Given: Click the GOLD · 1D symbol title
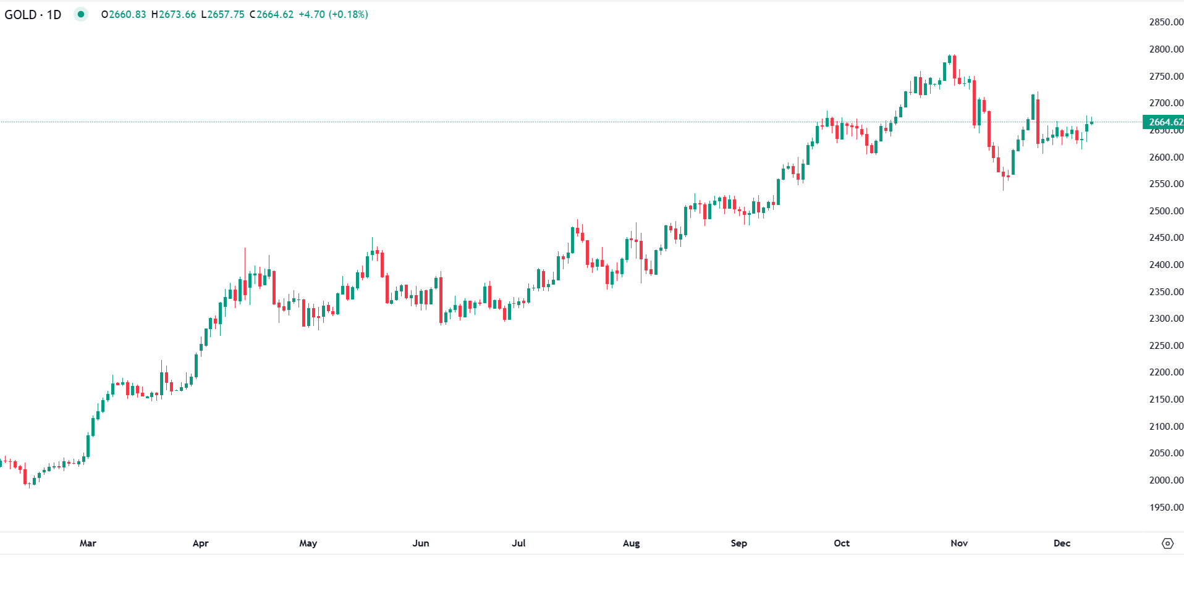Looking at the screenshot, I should click(x=33, y=14).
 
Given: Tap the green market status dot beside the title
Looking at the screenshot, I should click(x=81, y=14).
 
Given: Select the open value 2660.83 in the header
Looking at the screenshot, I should click(x=127, y=14).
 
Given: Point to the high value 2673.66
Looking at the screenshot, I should click(x=177, y=14).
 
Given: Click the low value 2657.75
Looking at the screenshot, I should click(x=226, y=14).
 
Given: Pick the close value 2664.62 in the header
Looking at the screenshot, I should click(x=274, y=14).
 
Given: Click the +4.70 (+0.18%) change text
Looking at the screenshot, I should click(x=333, y=14).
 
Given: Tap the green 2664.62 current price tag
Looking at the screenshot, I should click(x=1164, y=122).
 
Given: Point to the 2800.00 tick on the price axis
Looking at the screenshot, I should click(x=1166, y=49).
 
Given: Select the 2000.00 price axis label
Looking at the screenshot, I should click(x=1166, y=480).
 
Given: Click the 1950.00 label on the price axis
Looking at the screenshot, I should click(x=1166, y=508).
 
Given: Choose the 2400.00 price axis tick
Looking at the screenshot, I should click(x=1166, y=265).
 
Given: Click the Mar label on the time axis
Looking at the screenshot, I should click(x=88, y=543).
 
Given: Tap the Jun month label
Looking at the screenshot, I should click(x=420, y=543).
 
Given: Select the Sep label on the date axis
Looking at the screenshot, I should click(x=738, y=543).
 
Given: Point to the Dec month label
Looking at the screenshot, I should click(x=1062, y=543).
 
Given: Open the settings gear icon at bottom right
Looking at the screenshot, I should click(x=1167, y=543).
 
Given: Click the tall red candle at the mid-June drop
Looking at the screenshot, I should click(x=441, y=300).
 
